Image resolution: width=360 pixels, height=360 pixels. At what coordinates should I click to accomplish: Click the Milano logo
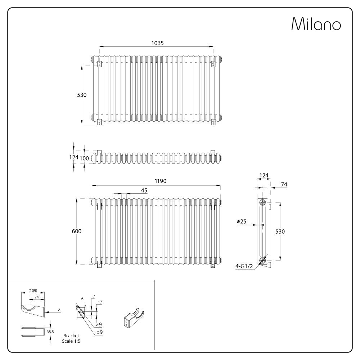[316, 24]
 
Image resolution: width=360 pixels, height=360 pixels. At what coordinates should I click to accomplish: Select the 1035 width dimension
[157, 43]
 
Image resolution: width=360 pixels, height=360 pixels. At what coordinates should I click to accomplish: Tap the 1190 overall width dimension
[161, 181]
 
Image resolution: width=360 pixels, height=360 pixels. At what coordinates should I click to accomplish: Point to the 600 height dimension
[77, 231]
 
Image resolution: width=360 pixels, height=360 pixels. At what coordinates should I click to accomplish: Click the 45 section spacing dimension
[144, 191]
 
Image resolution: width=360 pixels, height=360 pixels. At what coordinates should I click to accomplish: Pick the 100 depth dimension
[84, 158]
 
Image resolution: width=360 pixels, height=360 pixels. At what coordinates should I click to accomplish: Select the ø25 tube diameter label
[242, 221]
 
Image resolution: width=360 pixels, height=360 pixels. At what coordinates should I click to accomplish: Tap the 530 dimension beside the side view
[280, 231]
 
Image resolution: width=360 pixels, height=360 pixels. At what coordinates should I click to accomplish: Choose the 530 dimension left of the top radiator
[82, 95]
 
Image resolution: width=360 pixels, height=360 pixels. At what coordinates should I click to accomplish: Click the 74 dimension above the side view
[284, 184]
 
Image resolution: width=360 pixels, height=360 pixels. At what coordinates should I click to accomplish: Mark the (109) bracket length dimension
[32, 291]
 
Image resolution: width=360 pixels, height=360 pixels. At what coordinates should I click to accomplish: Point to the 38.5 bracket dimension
[50, 332]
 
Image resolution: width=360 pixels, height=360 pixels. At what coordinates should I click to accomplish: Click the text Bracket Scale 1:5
[71, 338]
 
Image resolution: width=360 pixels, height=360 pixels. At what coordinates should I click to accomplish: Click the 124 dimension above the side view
[264, 175]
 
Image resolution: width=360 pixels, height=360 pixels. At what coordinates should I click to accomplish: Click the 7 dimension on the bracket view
[93, 296]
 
